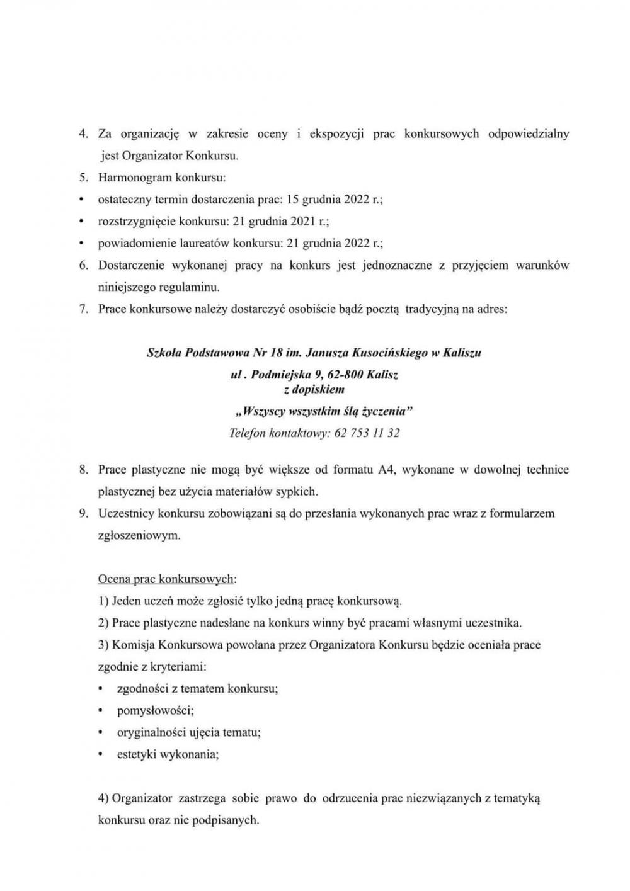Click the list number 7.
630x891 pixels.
click(83, 309)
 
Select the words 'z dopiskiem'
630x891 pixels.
click(314, 390)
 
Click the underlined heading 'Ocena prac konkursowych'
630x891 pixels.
click(166, 579)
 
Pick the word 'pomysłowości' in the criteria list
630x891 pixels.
click(155, 711)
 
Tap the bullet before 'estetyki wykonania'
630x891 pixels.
click(101, 754)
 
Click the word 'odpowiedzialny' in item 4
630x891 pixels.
click(529, 133)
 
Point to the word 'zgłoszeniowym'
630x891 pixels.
click(139, 535)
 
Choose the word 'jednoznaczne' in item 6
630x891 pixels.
click(396, 265)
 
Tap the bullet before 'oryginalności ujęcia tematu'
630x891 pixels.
click(101, 732)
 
